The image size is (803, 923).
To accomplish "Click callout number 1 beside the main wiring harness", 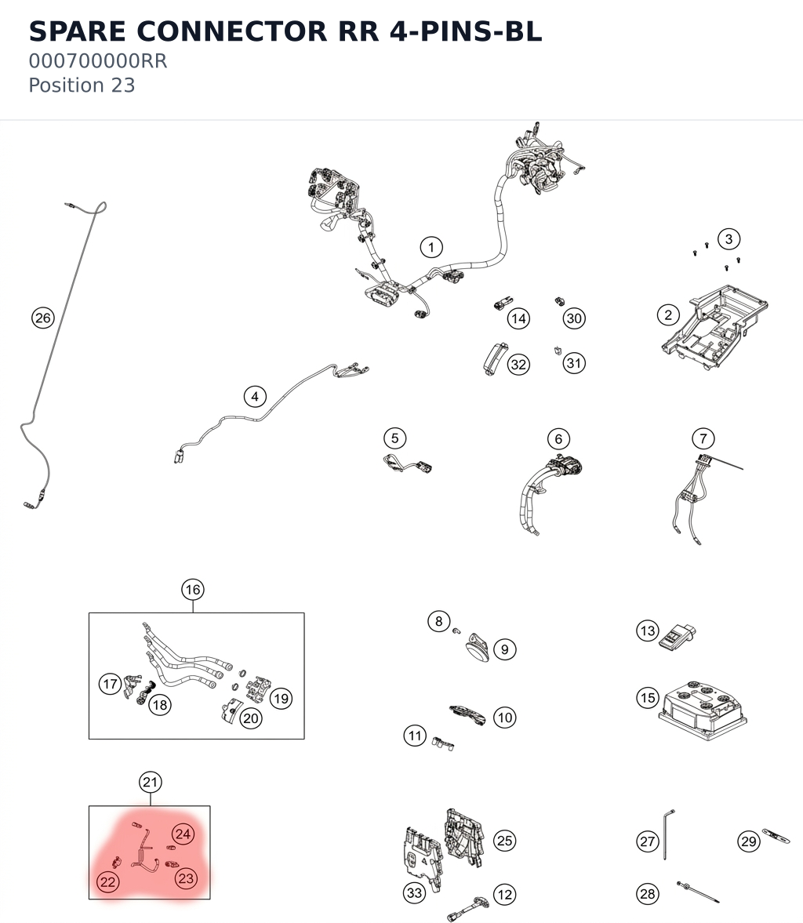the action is click(431, 247).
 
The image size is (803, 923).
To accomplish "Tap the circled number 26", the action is click(43, 318).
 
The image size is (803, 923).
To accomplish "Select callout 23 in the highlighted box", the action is click(186, 878).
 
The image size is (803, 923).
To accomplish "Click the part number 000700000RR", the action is click(98, 60).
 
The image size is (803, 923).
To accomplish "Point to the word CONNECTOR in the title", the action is click(231, 31).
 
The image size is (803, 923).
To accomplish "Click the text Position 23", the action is click(82, 85).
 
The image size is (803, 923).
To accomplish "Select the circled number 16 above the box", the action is click(193, 589).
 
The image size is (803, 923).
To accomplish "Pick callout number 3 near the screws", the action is click(729, 239).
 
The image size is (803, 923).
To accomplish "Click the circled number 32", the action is click(518, 365).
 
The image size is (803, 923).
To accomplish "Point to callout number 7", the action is click(703, 438).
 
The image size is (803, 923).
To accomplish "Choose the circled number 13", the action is click(648, 631).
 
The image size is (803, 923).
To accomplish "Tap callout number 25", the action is click(504, 841).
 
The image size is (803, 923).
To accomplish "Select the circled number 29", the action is click(749, 841).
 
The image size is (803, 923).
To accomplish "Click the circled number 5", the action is click(395, 438).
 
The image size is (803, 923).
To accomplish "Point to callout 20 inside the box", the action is click(251, 718).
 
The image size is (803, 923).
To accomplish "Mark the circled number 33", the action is click(415, 893).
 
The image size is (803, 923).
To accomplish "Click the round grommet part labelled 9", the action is click(478, 648).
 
